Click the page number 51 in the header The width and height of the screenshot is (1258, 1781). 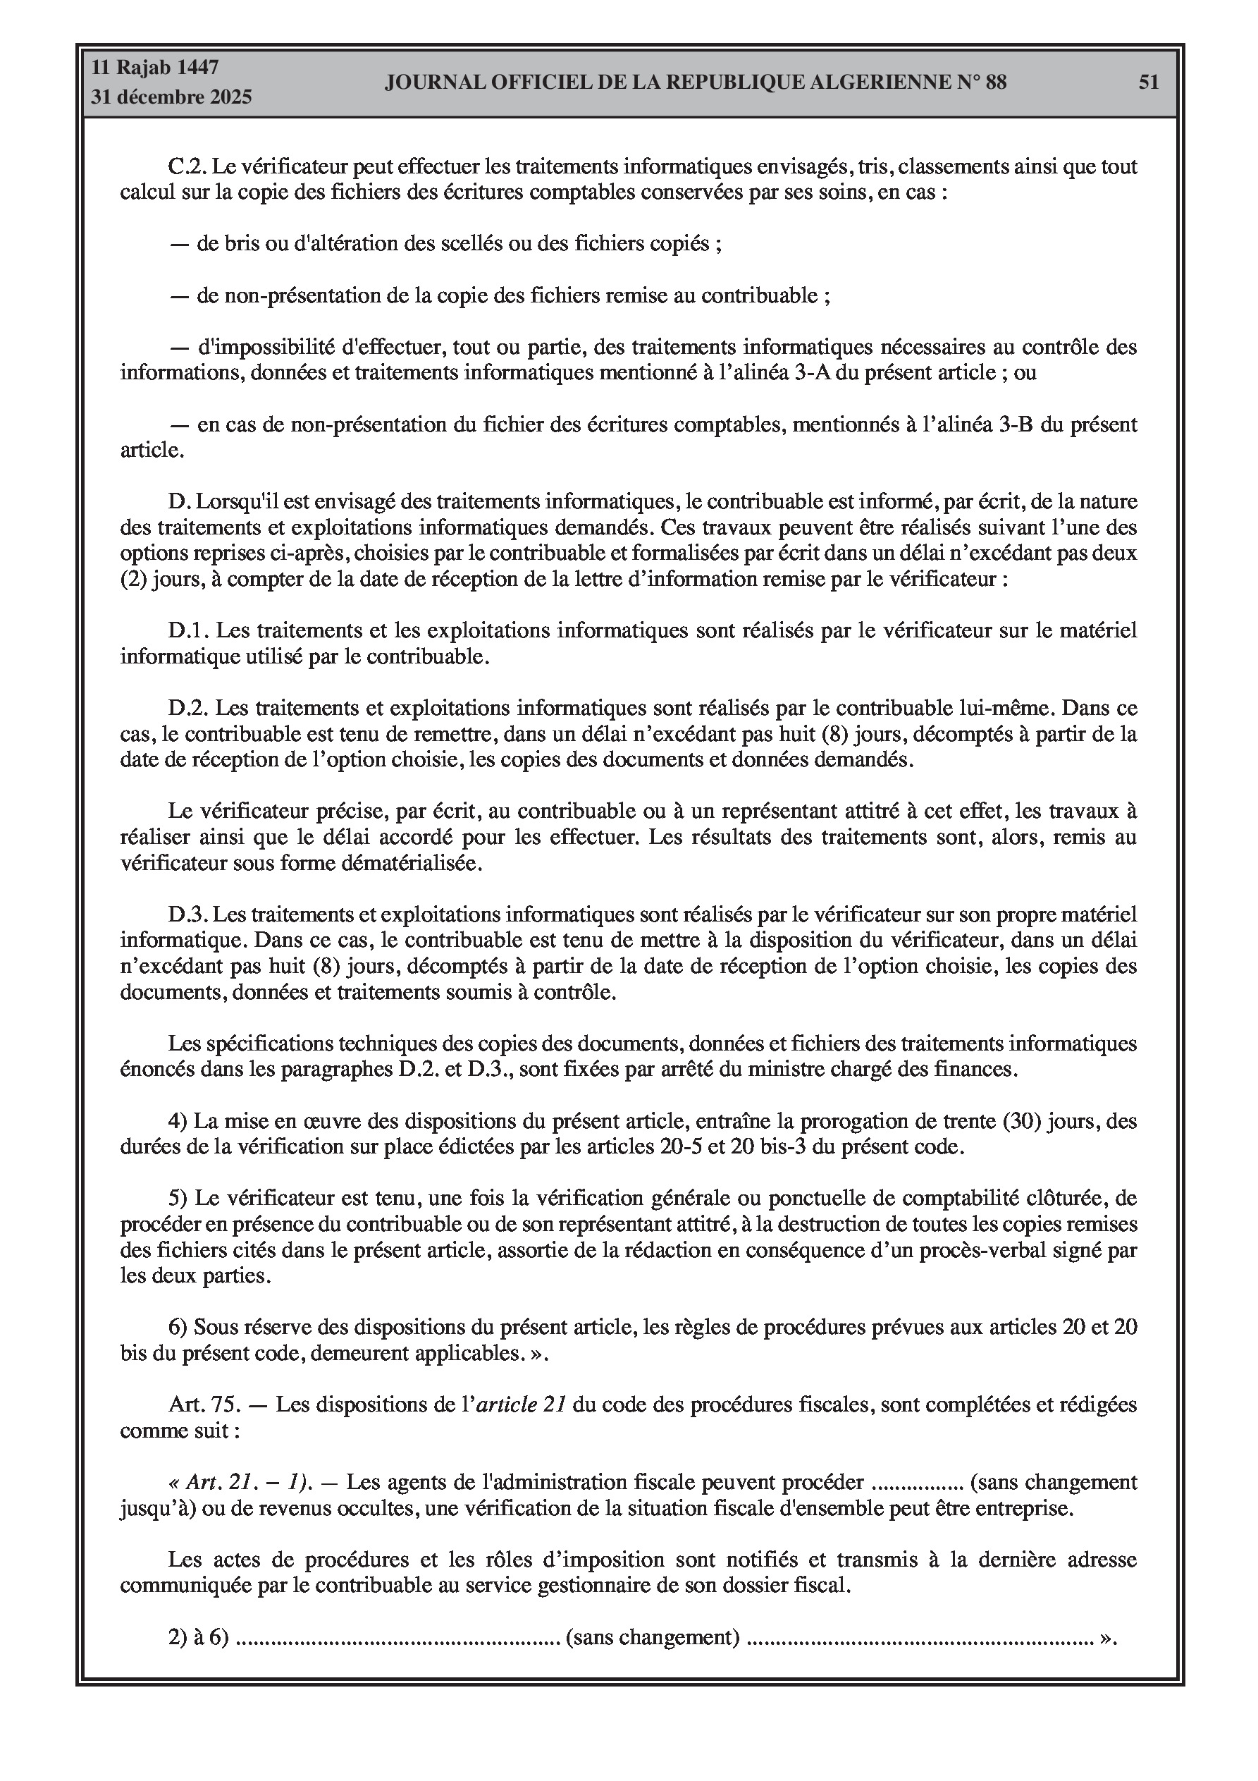pyautogui.click(x=1149, y=82)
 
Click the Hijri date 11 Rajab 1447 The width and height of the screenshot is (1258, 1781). pyautogui.click(x=155, y=68)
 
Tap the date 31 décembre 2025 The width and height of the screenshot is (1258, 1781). pyautogui.click(x=171, y=97)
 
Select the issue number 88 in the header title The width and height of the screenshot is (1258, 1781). pyautogui.click(x=995, y=82)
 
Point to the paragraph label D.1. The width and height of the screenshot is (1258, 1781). pyautogui.click(x=187, y=630)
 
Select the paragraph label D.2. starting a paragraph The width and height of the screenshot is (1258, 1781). pyautogui.click(x=187, y=708)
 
